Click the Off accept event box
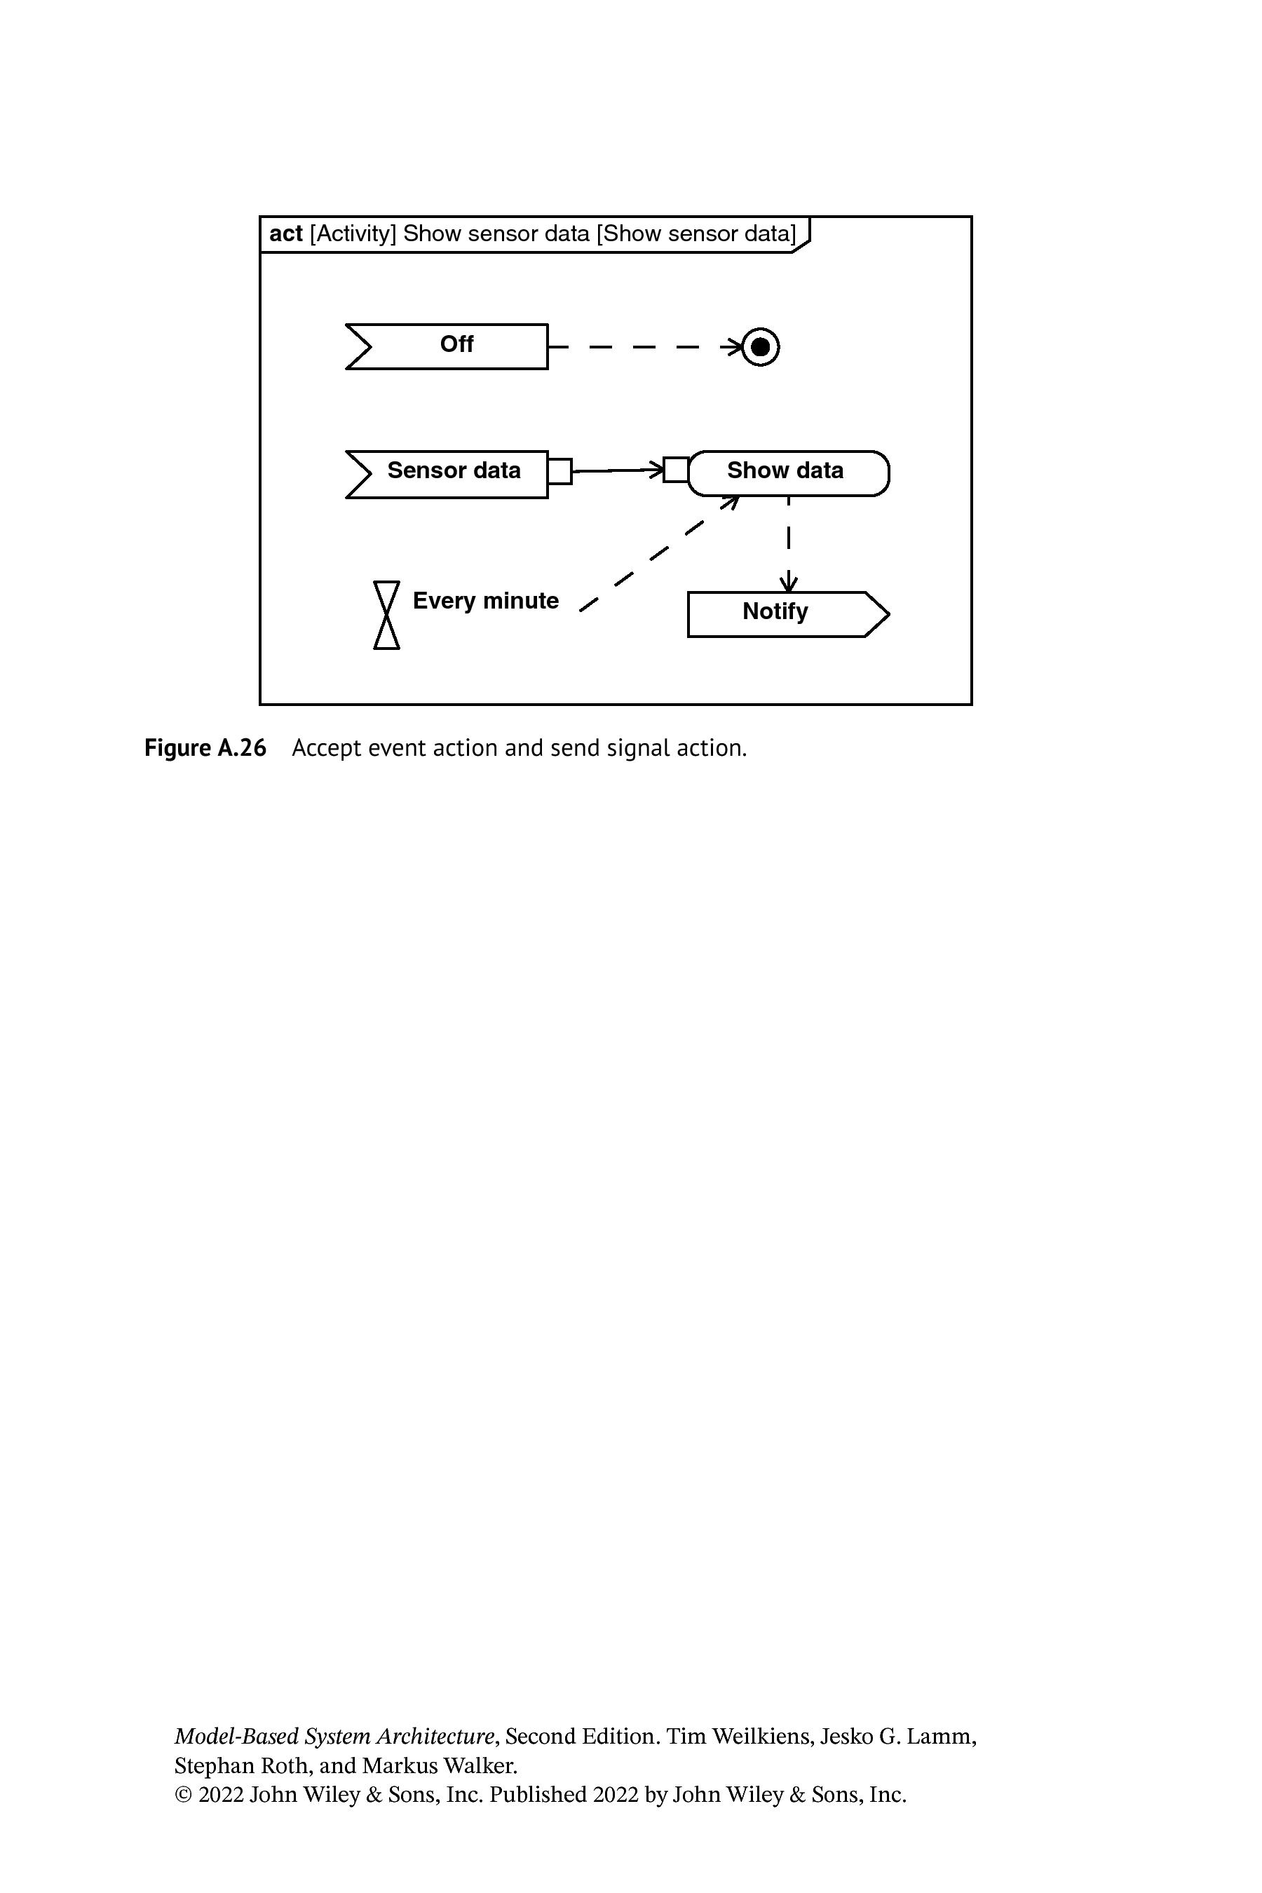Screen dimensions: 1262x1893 pos(447,347)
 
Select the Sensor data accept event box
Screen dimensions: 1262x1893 pos(447,474)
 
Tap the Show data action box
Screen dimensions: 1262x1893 pos(789,473)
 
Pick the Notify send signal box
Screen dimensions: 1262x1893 pos(789,614)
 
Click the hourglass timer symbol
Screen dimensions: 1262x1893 pos(387,615)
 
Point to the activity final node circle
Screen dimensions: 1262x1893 pos(760,347)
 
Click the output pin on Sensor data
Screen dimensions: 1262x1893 pos(560,471)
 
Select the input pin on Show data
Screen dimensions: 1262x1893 pos(676,469)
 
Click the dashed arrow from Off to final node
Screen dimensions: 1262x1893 pos(646,347)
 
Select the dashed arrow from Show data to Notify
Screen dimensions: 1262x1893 pos(789,545)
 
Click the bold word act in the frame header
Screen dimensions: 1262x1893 pos(286,233)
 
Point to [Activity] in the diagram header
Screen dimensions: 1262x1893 pos(353,233)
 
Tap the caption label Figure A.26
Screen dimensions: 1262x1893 pos(205,747)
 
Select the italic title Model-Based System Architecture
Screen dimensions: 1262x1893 pos(334,1736)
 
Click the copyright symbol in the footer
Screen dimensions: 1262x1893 pos(184,1795)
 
